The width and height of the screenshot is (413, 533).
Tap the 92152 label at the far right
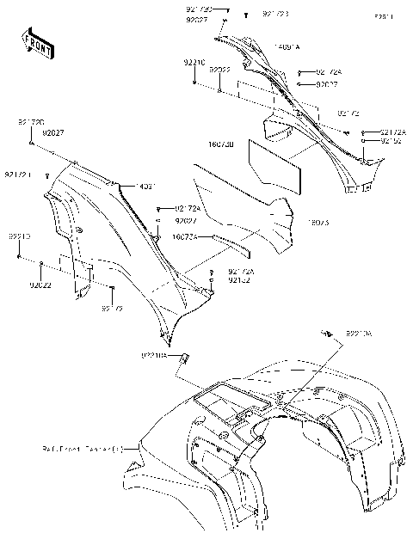(393, 140)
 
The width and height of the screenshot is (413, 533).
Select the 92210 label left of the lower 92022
(20, 236)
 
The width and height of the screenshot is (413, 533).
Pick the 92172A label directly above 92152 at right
(393, 132)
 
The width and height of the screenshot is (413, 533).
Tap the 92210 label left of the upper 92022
(194, 63)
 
